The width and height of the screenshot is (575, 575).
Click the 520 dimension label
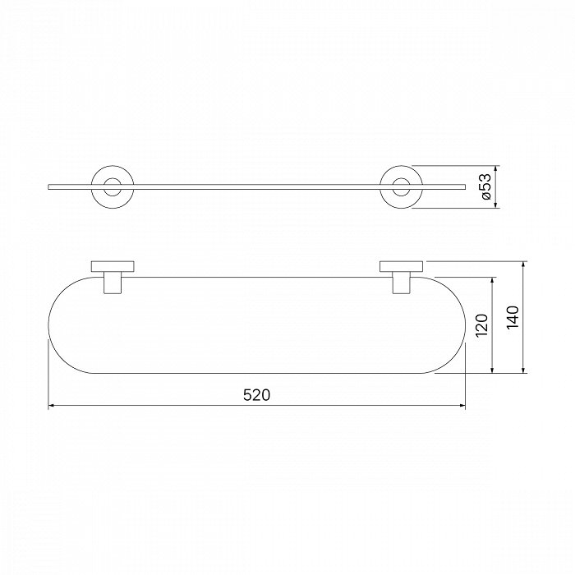point(256,395)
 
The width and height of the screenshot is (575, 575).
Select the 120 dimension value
point(481,325)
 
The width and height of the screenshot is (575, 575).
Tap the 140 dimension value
point(513,317)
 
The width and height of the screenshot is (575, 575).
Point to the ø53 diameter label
point(486,187)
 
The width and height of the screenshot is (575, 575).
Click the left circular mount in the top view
point(113,167)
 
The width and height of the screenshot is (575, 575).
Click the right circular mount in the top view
point(401,167)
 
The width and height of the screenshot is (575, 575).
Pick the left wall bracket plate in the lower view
point(113,267)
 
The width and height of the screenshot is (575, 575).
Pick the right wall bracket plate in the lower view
point(401,267)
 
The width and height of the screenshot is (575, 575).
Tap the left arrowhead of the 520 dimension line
point(51,406)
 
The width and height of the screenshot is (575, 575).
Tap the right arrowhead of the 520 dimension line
point(462,406)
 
